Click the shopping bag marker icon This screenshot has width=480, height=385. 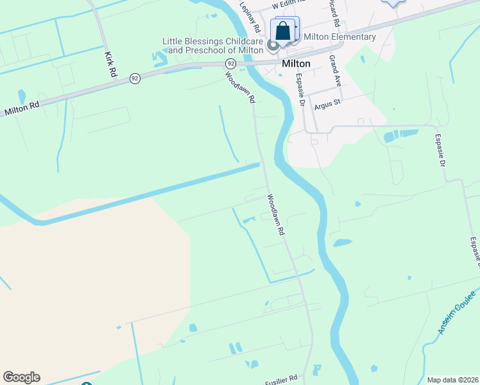point(283,30)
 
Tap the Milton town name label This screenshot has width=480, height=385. point(296,64)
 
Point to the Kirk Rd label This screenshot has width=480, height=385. point(110,65)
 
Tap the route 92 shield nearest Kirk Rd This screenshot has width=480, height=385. point(134,78)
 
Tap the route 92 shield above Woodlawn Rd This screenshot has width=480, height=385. point(230,64)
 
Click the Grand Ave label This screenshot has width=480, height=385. point(334,71)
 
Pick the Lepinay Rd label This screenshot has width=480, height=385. point(250,17)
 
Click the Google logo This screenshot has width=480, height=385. point(21,377)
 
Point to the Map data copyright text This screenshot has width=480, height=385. point(452,380)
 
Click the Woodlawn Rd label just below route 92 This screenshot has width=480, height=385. point(240,87)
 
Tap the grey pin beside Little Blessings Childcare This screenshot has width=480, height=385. point(272,45)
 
